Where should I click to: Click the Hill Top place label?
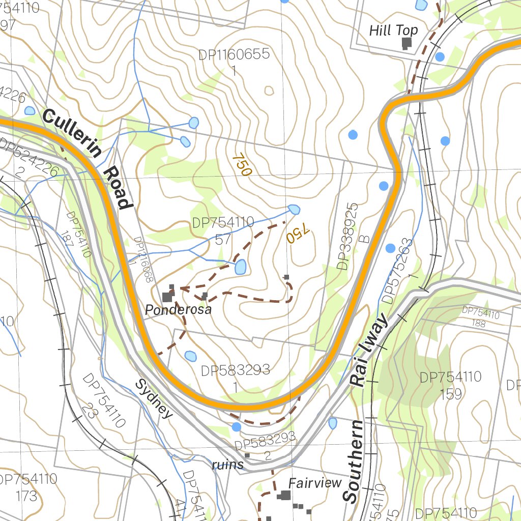[393, 31]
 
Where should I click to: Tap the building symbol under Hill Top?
[406, 44]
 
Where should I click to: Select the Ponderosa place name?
[178, 309]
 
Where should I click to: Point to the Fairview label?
[315, 483]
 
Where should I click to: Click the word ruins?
[228, 465]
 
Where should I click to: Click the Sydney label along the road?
[154, 398]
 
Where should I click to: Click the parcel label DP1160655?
[234, 55]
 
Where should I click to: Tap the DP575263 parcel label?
[396, 271]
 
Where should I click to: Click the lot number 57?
[223, 239]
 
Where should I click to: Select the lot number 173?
[26, 495]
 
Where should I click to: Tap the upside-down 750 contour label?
[297, 234]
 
